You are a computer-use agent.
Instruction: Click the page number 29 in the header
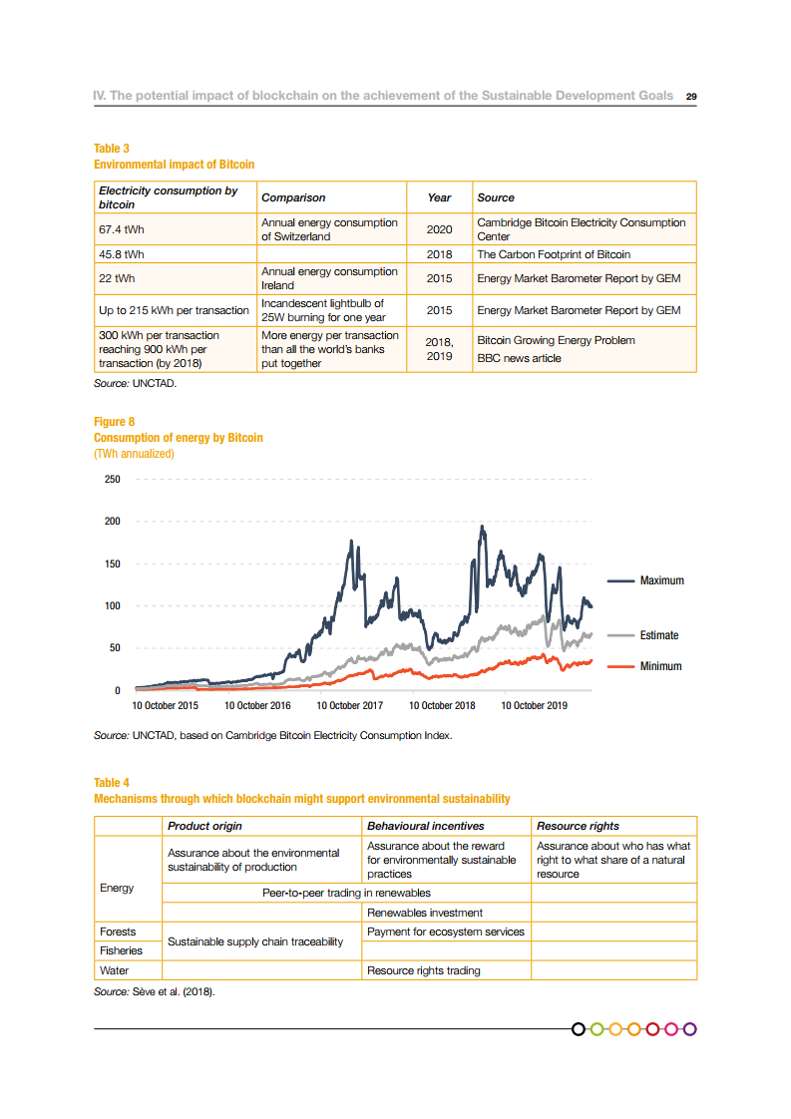coord(690,97)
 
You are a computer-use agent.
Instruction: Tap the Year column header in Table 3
coord(439,197)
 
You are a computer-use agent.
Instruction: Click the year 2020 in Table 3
coord(439,229)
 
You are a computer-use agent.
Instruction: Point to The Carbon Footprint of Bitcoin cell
coord(554,254)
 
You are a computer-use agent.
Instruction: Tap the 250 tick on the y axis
coord(111,480)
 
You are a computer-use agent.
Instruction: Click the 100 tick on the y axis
coord(111,606)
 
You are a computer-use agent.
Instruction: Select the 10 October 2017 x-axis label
coord(350,706)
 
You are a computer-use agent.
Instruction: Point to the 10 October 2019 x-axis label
coord(535,706)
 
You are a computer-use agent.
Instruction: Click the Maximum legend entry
coord(661,580)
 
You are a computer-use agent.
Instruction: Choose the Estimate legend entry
coord(659,635)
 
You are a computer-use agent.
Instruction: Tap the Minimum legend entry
coord(660,666)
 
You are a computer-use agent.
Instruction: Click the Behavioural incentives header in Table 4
coord(426,826)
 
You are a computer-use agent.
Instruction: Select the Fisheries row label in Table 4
coord(121,950)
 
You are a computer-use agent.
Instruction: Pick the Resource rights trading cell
coord(424,970)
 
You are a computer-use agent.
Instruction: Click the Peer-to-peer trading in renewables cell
coord(346,893)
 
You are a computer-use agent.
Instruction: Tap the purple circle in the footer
coord(689,1028)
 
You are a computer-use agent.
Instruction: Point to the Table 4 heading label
coord(112,783)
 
